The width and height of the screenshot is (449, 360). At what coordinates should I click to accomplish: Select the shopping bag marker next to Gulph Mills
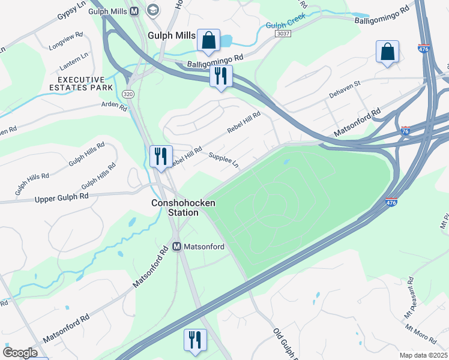208,41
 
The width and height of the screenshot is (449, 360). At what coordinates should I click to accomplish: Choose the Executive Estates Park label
85,83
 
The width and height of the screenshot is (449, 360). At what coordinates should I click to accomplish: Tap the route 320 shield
127,94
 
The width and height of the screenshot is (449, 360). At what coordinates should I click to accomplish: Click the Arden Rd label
115,107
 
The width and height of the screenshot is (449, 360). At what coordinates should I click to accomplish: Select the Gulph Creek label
282,26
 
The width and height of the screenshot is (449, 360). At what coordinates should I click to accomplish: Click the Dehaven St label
343,88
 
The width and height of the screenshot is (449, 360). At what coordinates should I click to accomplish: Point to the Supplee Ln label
223,160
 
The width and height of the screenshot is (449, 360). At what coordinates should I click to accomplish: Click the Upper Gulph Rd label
62,197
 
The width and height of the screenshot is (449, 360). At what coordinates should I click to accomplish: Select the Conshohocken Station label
183,208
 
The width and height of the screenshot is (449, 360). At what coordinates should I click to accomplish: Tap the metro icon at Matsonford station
177,246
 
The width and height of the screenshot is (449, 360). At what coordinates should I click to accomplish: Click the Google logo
20,353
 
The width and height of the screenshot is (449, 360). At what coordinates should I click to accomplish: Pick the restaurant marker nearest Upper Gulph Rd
161,157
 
